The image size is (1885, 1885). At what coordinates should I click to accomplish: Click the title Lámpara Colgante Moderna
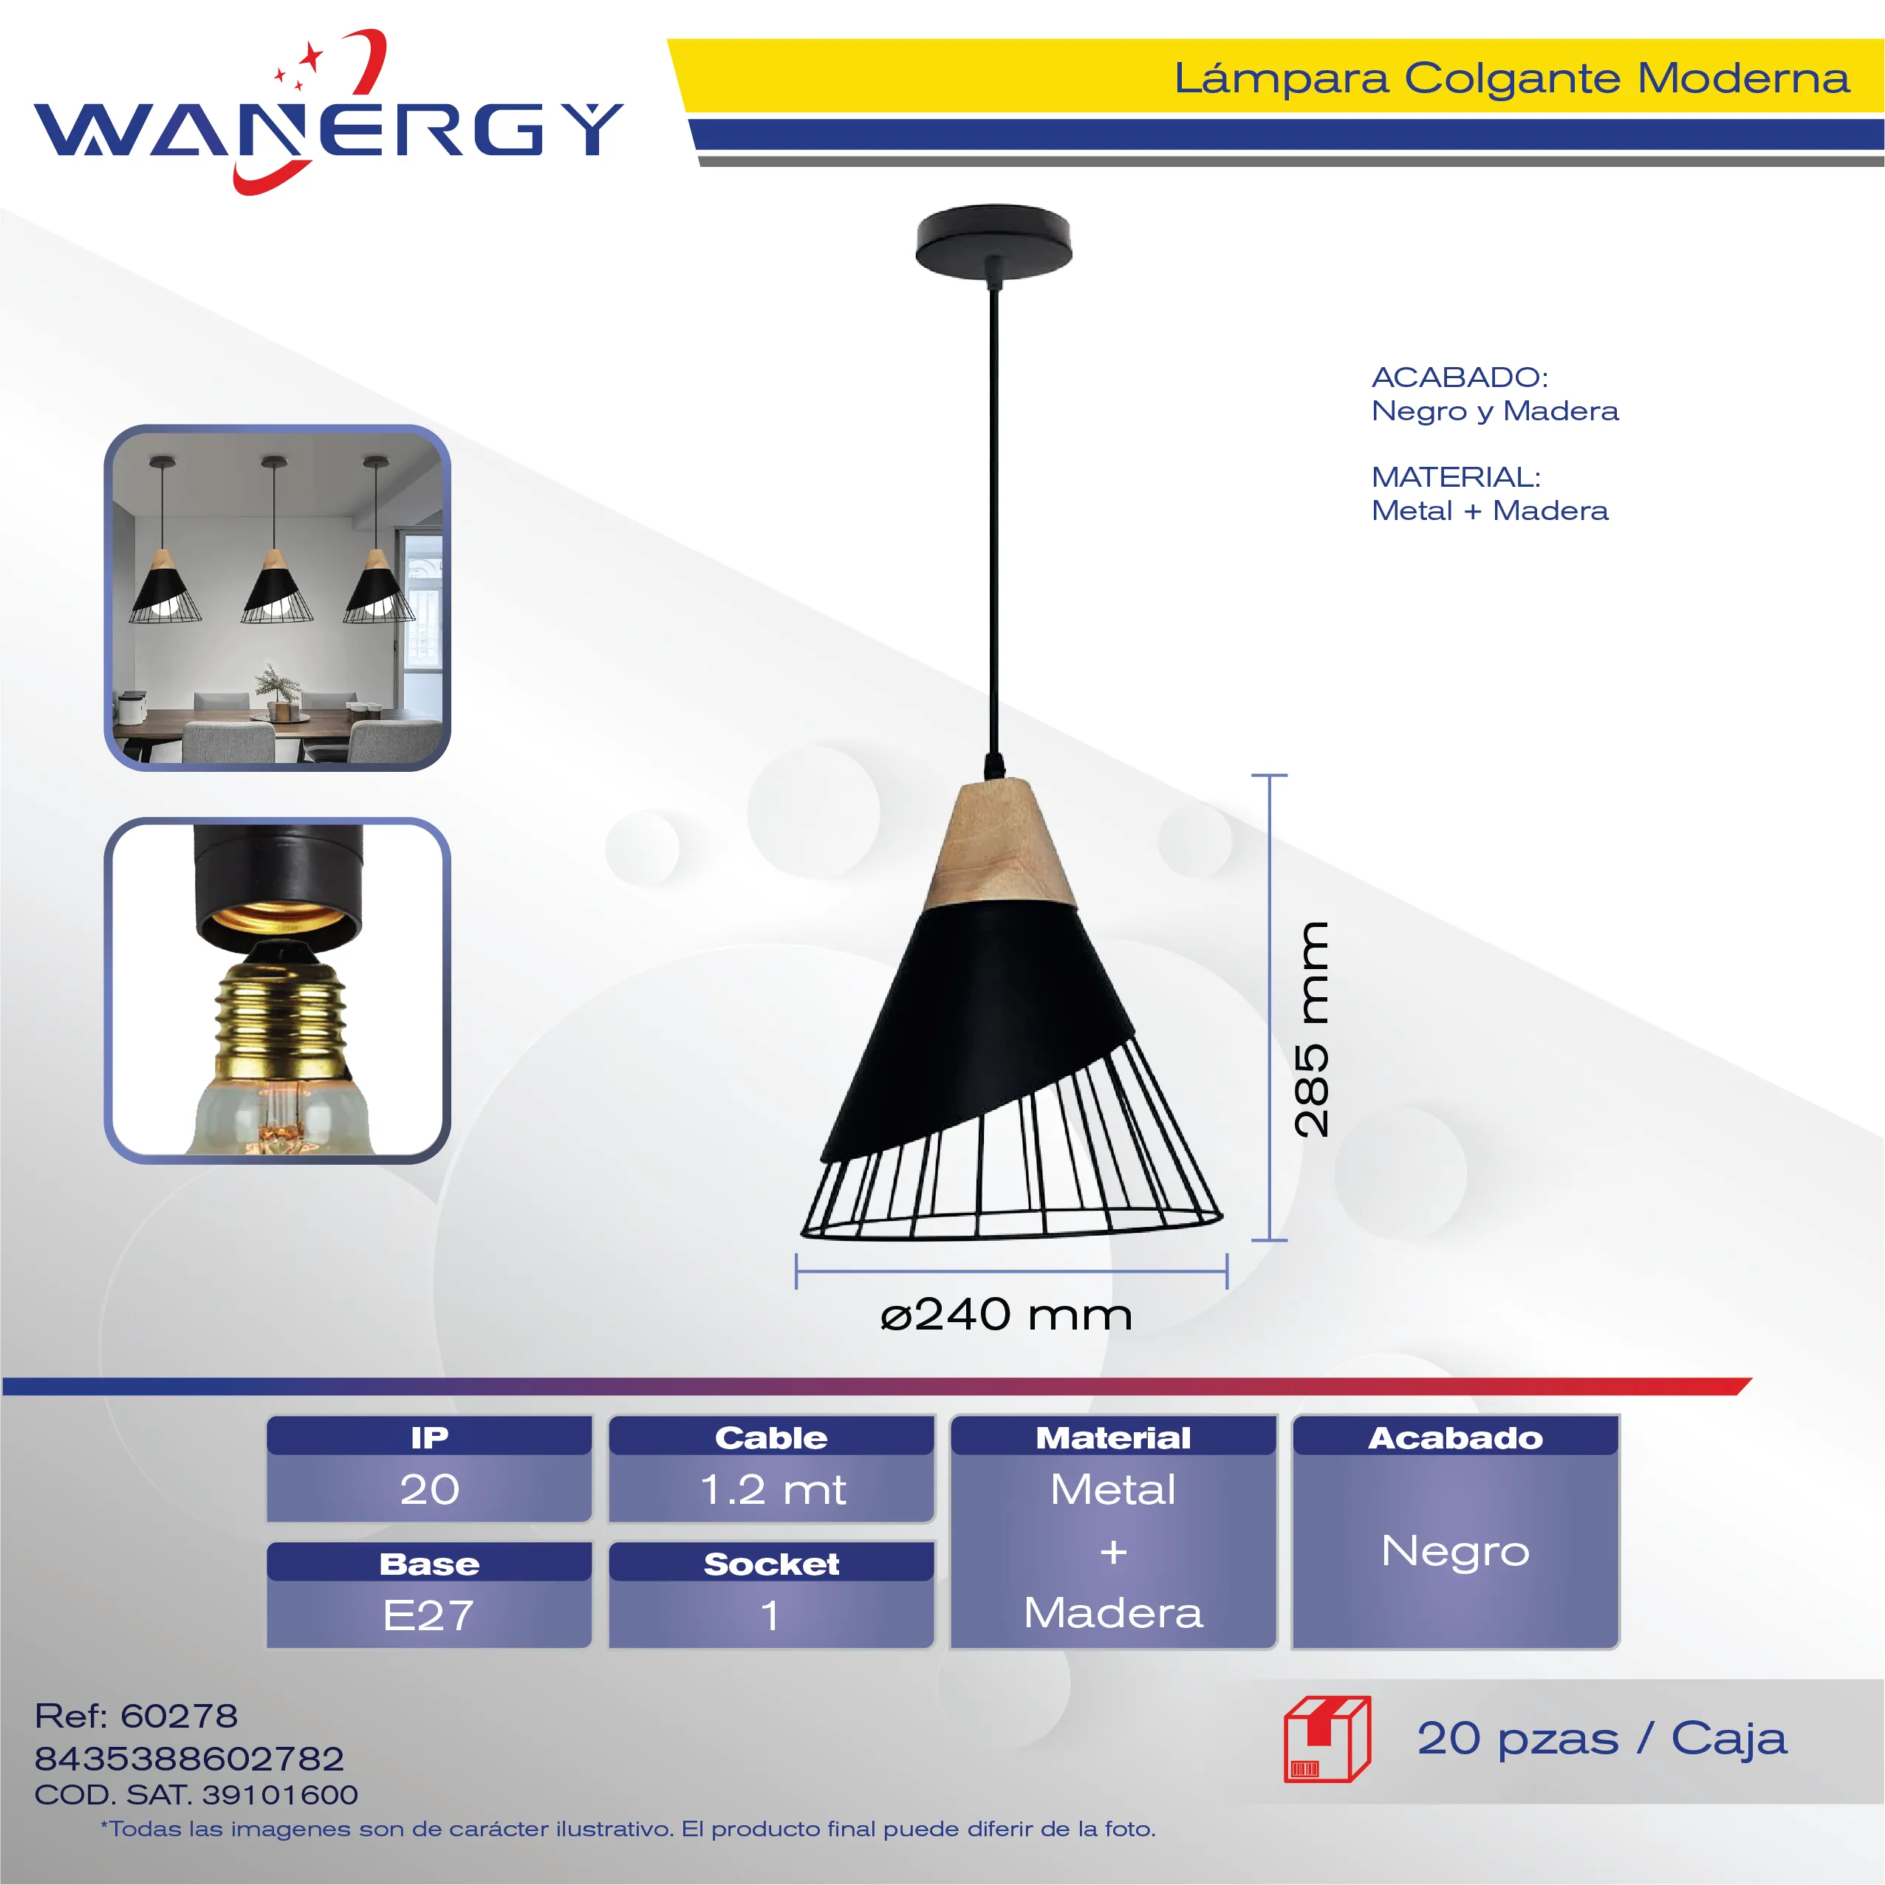tap(1511, 78)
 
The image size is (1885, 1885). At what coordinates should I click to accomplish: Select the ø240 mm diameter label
tap(1006, 1316)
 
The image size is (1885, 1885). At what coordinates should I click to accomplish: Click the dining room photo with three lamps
tap(277, 598)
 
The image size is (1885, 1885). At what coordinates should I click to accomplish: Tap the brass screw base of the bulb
tap(281, 1016)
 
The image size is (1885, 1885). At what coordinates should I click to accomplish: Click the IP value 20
tap(429, 1489)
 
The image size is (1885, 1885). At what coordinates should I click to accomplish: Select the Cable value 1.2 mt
tap(773, 1490)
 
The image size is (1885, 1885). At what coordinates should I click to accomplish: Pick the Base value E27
tap(428, 1615)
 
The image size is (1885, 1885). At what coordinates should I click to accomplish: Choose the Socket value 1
tap(771, 1615)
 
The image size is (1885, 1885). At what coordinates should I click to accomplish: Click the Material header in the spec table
tap(1113, 1437)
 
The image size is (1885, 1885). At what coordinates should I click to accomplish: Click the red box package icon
tap(1327, 1739)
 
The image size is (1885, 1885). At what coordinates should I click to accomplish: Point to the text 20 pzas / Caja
tap(1602, 1739)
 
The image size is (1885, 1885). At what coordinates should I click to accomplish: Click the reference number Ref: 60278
tap(136, 1715)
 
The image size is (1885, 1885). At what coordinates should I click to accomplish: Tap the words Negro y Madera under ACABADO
tap(1495, 411)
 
